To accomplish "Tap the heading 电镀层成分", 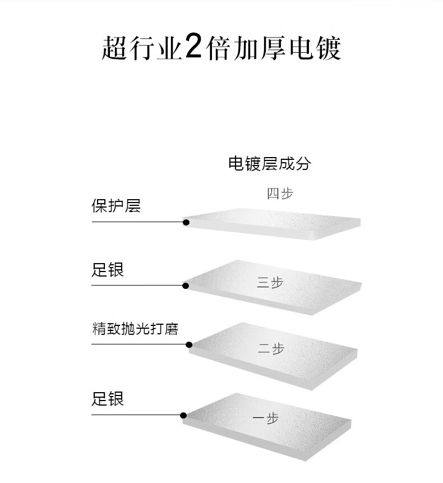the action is [269, 163].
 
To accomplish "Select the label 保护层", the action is [116, 206].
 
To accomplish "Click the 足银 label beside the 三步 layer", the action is [107, 270].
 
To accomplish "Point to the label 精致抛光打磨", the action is [135, 329].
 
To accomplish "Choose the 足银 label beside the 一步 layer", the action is [107, 399].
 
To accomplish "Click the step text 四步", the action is [280, 194].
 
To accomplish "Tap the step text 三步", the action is [270, 283].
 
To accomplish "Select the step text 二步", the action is [271, 349].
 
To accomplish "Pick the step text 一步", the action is [266, 418].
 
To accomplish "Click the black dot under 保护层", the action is [186, 222].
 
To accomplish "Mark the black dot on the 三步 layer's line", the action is [186, 286].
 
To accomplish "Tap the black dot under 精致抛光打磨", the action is [189, 344].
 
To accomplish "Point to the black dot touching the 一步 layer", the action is [183, 415].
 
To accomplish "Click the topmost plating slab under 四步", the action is [272, 224].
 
